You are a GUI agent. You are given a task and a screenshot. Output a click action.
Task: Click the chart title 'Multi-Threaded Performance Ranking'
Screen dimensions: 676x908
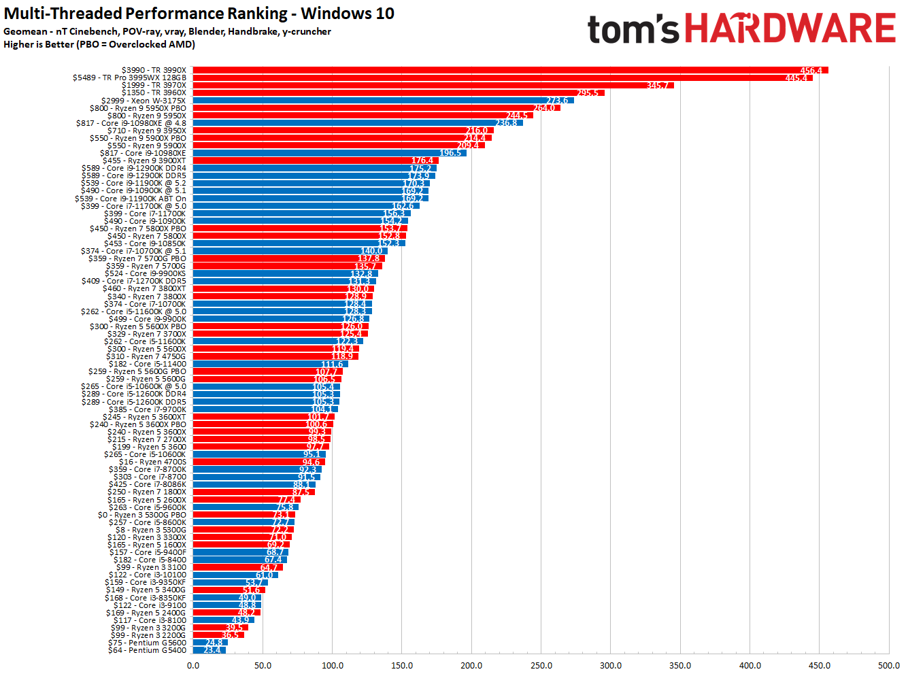(199, 14)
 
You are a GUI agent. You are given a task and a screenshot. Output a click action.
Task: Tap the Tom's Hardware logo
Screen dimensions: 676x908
(741, 29)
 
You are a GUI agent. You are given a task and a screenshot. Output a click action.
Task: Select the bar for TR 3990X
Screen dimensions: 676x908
(510, 70)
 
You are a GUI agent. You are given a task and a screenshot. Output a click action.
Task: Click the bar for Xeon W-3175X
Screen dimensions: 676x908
(383, 101)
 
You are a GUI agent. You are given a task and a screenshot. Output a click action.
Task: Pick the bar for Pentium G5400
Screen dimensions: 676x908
(209, 650)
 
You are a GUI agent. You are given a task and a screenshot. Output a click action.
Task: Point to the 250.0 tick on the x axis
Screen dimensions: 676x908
(541, 665)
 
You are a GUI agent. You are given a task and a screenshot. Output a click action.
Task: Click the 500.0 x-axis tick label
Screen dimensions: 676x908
(889, 665)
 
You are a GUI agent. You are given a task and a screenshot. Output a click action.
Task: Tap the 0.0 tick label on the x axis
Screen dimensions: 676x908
(193, 665)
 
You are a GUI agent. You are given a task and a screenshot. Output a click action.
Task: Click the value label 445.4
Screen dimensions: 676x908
(796, 78)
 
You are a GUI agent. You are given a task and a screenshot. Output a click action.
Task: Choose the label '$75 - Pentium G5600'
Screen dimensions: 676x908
(147, 643)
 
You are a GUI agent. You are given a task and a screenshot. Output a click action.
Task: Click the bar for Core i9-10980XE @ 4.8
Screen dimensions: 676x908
(358, 123)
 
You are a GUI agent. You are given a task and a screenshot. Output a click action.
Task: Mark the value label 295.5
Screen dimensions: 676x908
(588, 93)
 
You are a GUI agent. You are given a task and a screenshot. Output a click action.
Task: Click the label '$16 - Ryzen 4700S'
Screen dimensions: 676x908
(152, 462)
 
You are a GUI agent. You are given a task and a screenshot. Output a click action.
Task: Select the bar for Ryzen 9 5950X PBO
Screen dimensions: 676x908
(376, 108)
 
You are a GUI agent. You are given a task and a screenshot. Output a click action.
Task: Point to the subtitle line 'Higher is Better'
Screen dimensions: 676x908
(99, 44)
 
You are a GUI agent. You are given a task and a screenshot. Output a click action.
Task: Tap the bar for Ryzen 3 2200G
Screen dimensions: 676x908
(218, 635)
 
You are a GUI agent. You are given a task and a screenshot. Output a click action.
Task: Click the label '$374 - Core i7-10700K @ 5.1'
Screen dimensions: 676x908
(133, 251)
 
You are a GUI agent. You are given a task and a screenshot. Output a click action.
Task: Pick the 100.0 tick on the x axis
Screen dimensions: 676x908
(333, 665)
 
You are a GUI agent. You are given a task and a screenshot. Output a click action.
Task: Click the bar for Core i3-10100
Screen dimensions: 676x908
(235, 575)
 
